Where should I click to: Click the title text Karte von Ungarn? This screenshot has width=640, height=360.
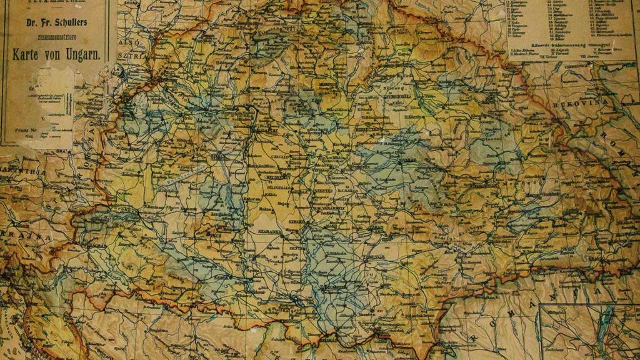[56, 54]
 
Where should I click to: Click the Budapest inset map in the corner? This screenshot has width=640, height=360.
[588, 331]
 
